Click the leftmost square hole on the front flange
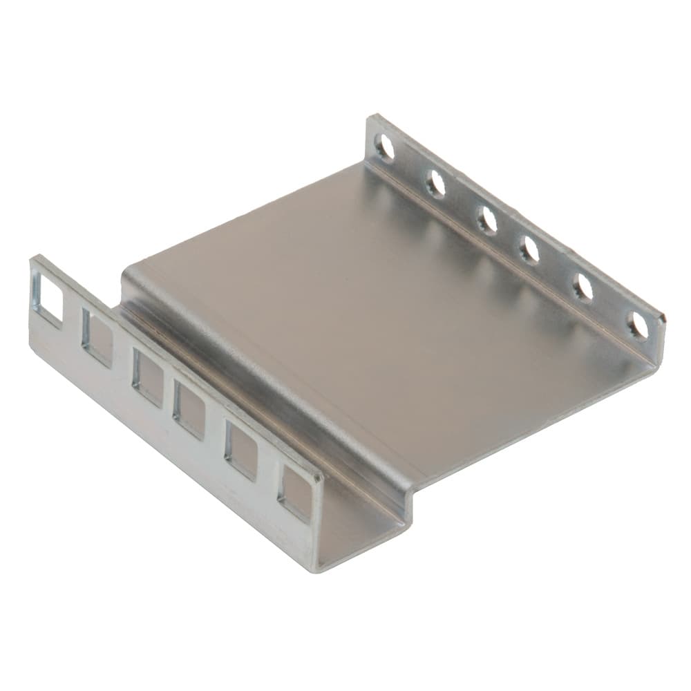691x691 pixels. click(x=48, y=298)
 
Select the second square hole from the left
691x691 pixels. click(x=97, y=337)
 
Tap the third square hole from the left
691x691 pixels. click(x=147, y=377)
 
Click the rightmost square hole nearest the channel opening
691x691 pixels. click(x=295, y=493)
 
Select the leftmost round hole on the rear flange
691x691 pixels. click(x=384, y=147)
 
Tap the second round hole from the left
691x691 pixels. click(x=435, y=183)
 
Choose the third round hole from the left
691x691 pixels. click(x=486, y=220)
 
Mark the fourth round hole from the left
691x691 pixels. click(x=529, y=249)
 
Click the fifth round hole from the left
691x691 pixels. click(x=583, y=287)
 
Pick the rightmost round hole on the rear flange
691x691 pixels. click(x=638, y=325)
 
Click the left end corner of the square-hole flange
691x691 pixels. click(x=32, y=261)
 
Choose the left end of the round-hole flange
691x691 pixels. click(x=371, y=121)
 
